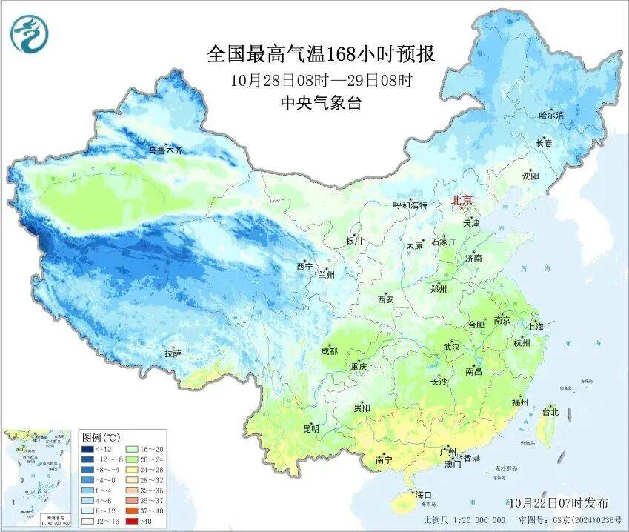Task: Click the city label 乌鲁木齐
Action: [164, 150]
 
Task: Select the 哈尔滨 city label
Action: [550, 116]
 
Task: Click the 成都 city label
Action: [329, 351]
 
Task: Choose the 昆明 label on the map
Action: [310, 428]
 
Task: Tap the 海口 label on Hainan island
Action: [423, 494]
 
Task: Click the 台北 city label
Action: [550, 411]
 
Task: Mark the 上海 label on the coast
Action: [535, 327]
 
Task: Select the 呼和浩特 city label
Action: [410, 205]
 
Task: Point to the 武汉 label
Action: [451, 347]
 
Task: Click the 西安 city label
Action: [386, 300]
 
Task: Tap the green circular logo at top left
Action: [28, 34]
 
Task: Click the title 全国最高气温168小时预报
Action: [320, 55]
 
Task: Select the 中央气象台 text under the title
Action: [320, 104]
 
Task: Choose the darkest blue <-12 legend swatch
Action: [87, 448]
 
